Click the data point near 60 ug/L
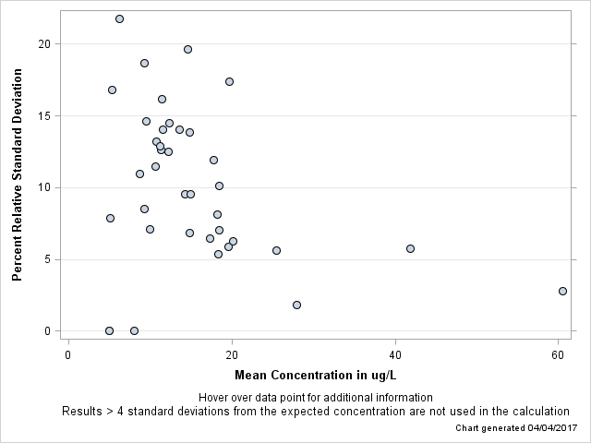click(x=562, y=291)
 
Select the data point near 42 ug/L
click(x=410, y=248)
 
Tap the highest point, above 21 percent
click(x=119, y=18)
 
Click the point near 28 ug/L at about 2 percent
click(x=296, y=305)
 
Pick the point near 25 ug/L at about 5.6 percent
click(x=276, y=250)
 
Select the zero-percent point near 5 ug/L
click(x=109, y=330)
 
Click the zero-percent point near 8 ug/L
click(x=134, y=330)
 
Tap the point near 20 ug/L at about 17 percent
click(x=229, y=81)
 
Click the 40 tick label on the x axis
click(x=395, y=356)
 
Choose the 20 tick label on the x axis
click(x=231, y=356)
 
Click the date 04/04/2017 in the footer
click(x=549, y=428)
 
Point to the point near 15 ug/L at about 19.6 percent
click(x=187, y=49)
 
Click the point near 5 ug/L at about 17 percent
click(x=112, y=90)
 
